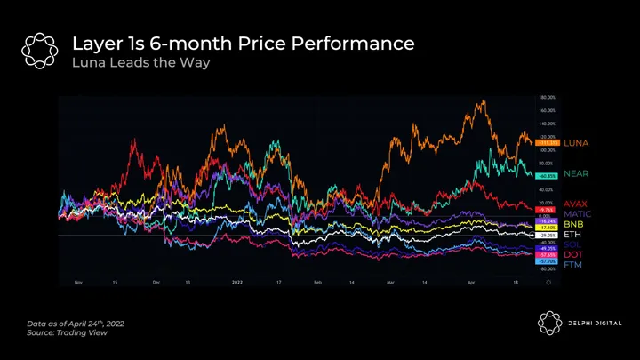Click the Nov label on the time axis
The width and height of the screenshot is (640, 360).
[78, 281]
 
